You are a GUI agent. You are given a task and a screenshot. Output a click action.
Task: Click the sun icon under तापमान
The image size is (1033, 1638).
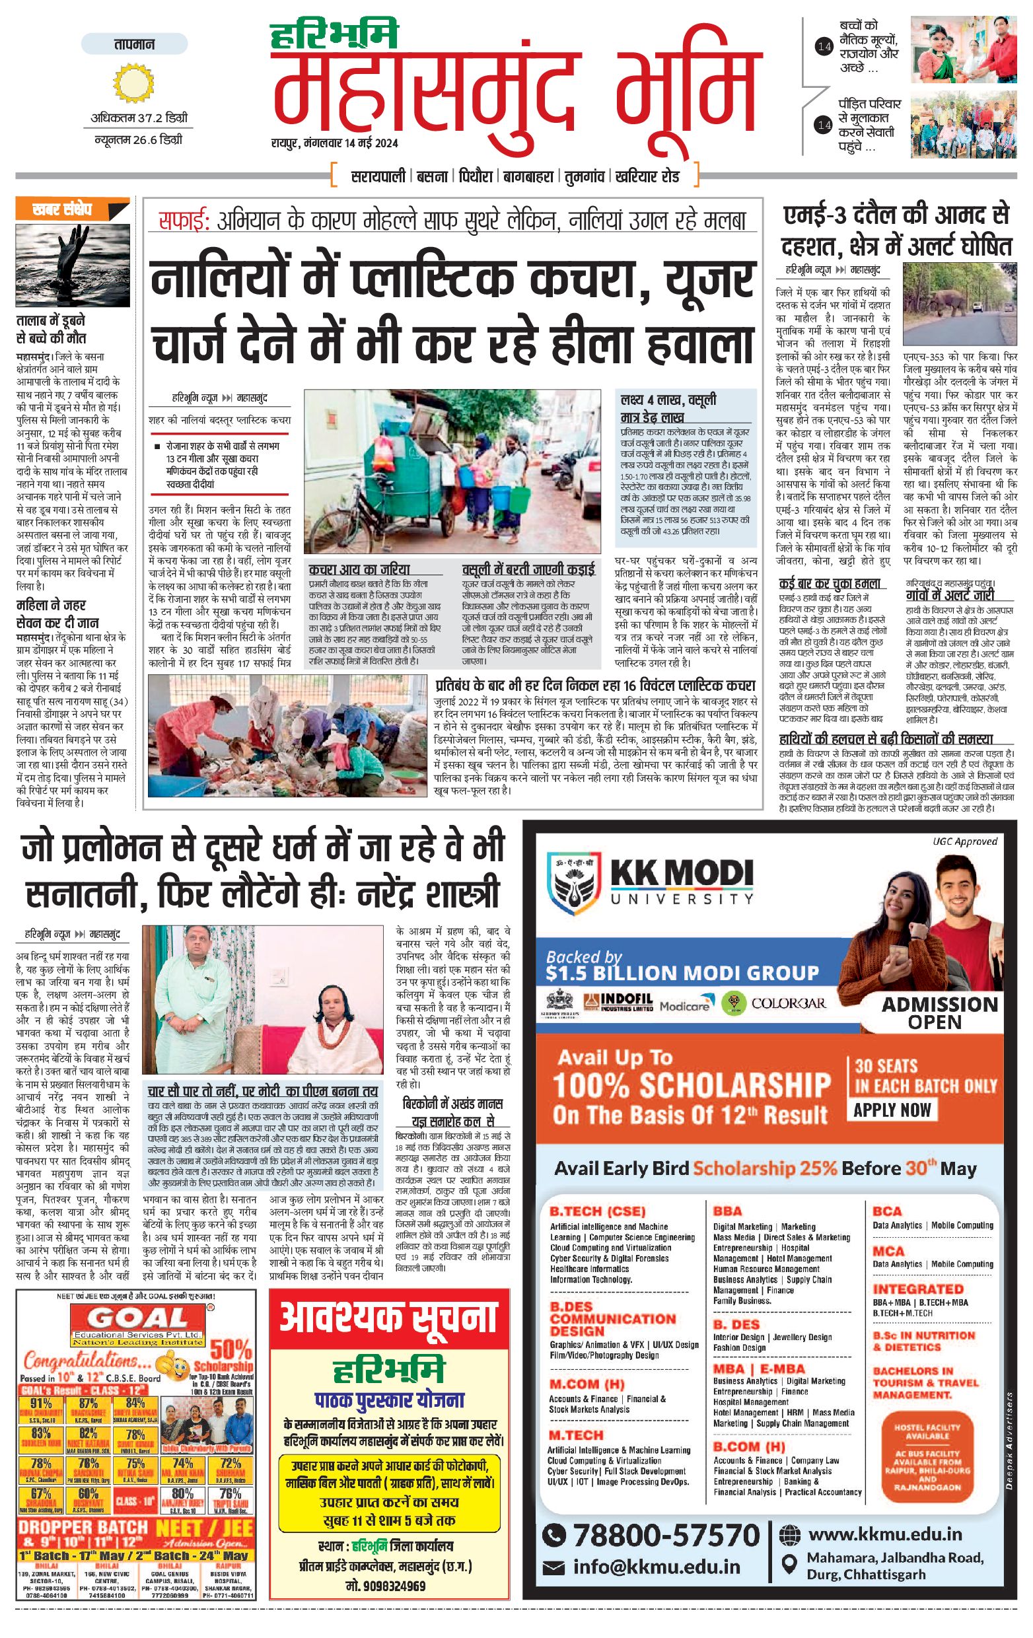(x=134, y=83)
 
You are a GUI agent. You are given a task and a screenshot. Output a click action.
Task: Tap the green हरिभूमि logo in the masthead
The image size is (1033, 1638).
(x=334, y=36)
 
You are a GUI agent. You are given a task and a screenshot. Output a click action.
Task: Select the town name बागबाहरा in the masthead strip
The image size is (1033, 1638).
(x=529, y=177)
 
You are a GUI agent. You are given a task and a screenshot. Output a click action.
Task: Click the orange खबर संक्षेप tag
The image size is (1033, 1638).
(x=62, y=209)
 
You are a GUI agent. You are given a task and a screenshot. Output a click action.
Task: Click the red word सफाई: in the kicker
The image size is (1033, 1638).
(x=184, y=221)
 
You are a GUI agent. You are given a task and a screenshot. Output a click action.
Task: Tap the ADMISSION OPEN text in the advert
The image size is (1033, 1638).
(x=939, y=1013)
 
